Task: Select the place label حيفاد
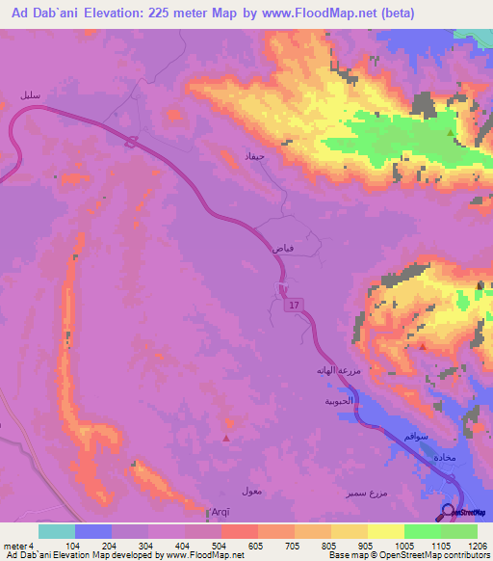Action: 263,154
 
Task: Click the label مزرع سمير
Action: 368,493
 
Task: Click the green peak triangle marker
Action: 450,133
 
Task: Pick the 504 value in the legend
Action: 221,546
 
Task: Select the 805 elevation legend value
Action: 330,546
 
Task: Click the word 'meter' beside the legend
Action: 15,546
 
